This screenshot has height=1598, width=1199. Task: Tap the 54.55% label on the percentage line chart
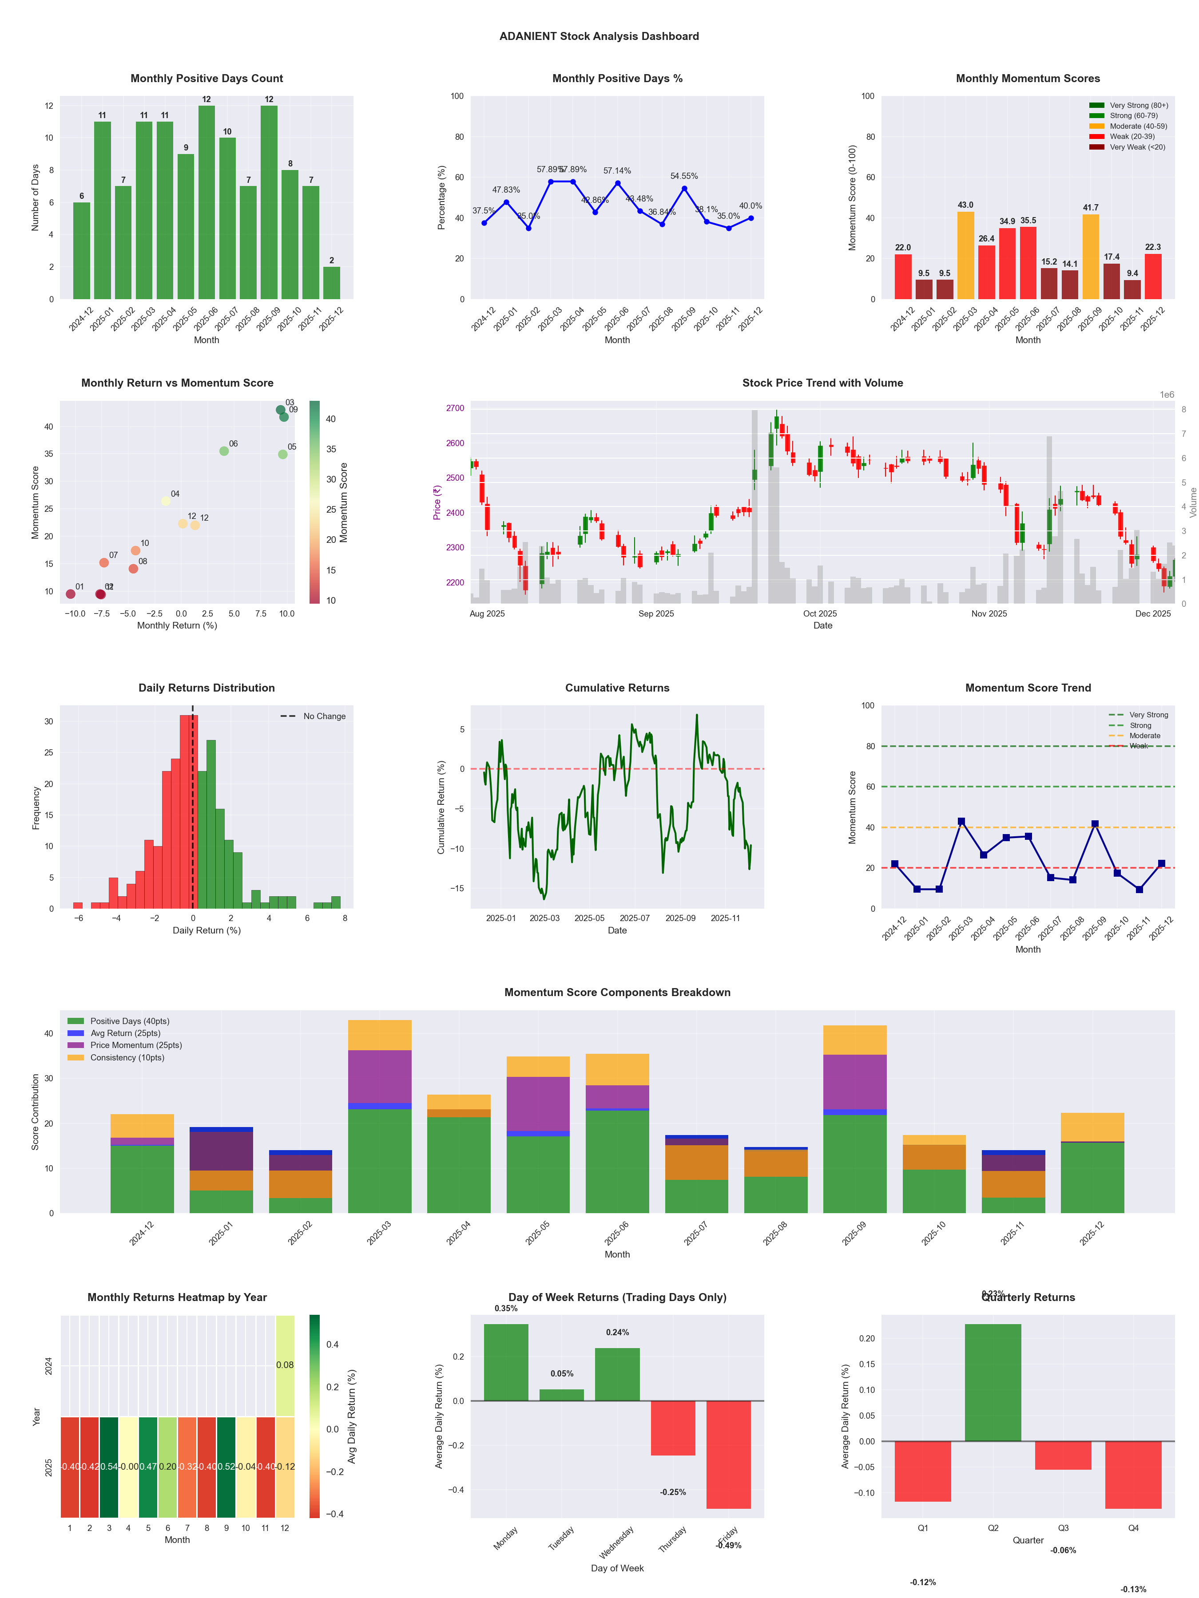pyautogui.click(x=684, y=176)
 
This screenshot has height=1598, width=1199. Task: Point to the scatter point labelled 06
pyautogui.click(x=224, y=451)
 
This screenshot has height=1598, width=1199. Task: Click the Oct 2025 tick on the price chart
pyautogui.click(x=820, y=613)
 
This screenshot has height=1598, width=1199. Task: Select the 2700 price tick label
pyautogui.click(x=455, y=408)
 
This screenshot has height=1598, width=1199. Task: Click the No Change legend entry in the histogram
pyautogui.click(x=324, y=716)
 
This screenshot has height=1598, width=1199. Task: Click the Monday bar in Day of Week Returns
pyautogui.click(x=506, y=1362)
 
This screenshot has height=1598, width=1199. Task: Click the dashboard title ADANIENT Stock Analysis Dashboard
pyautogui.click(x=599, y=36)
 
